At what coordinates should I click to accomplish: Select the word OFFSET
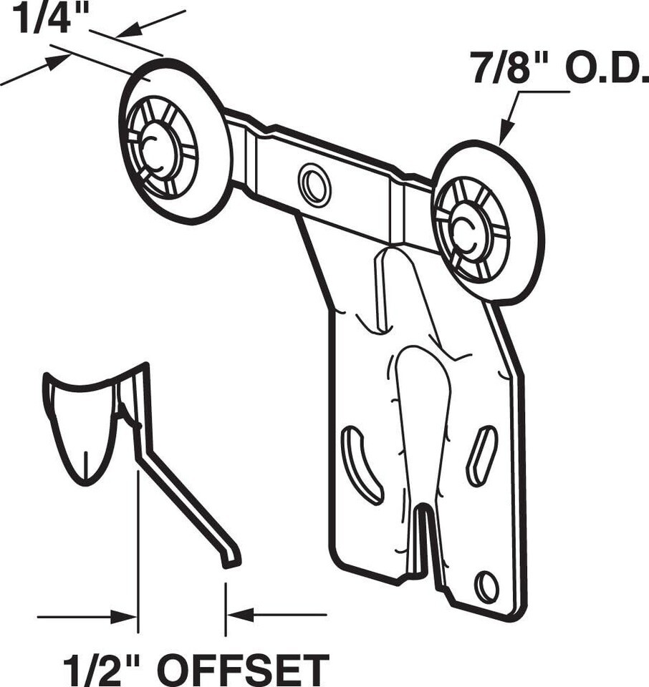[244, 669]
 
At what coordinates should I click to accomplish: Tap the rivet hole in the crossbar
[314, 184]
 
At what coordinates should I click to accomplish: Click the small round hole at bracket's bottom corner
[487, 587]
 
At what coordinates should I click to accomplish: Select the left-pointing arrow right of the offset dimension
[240, 614]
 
